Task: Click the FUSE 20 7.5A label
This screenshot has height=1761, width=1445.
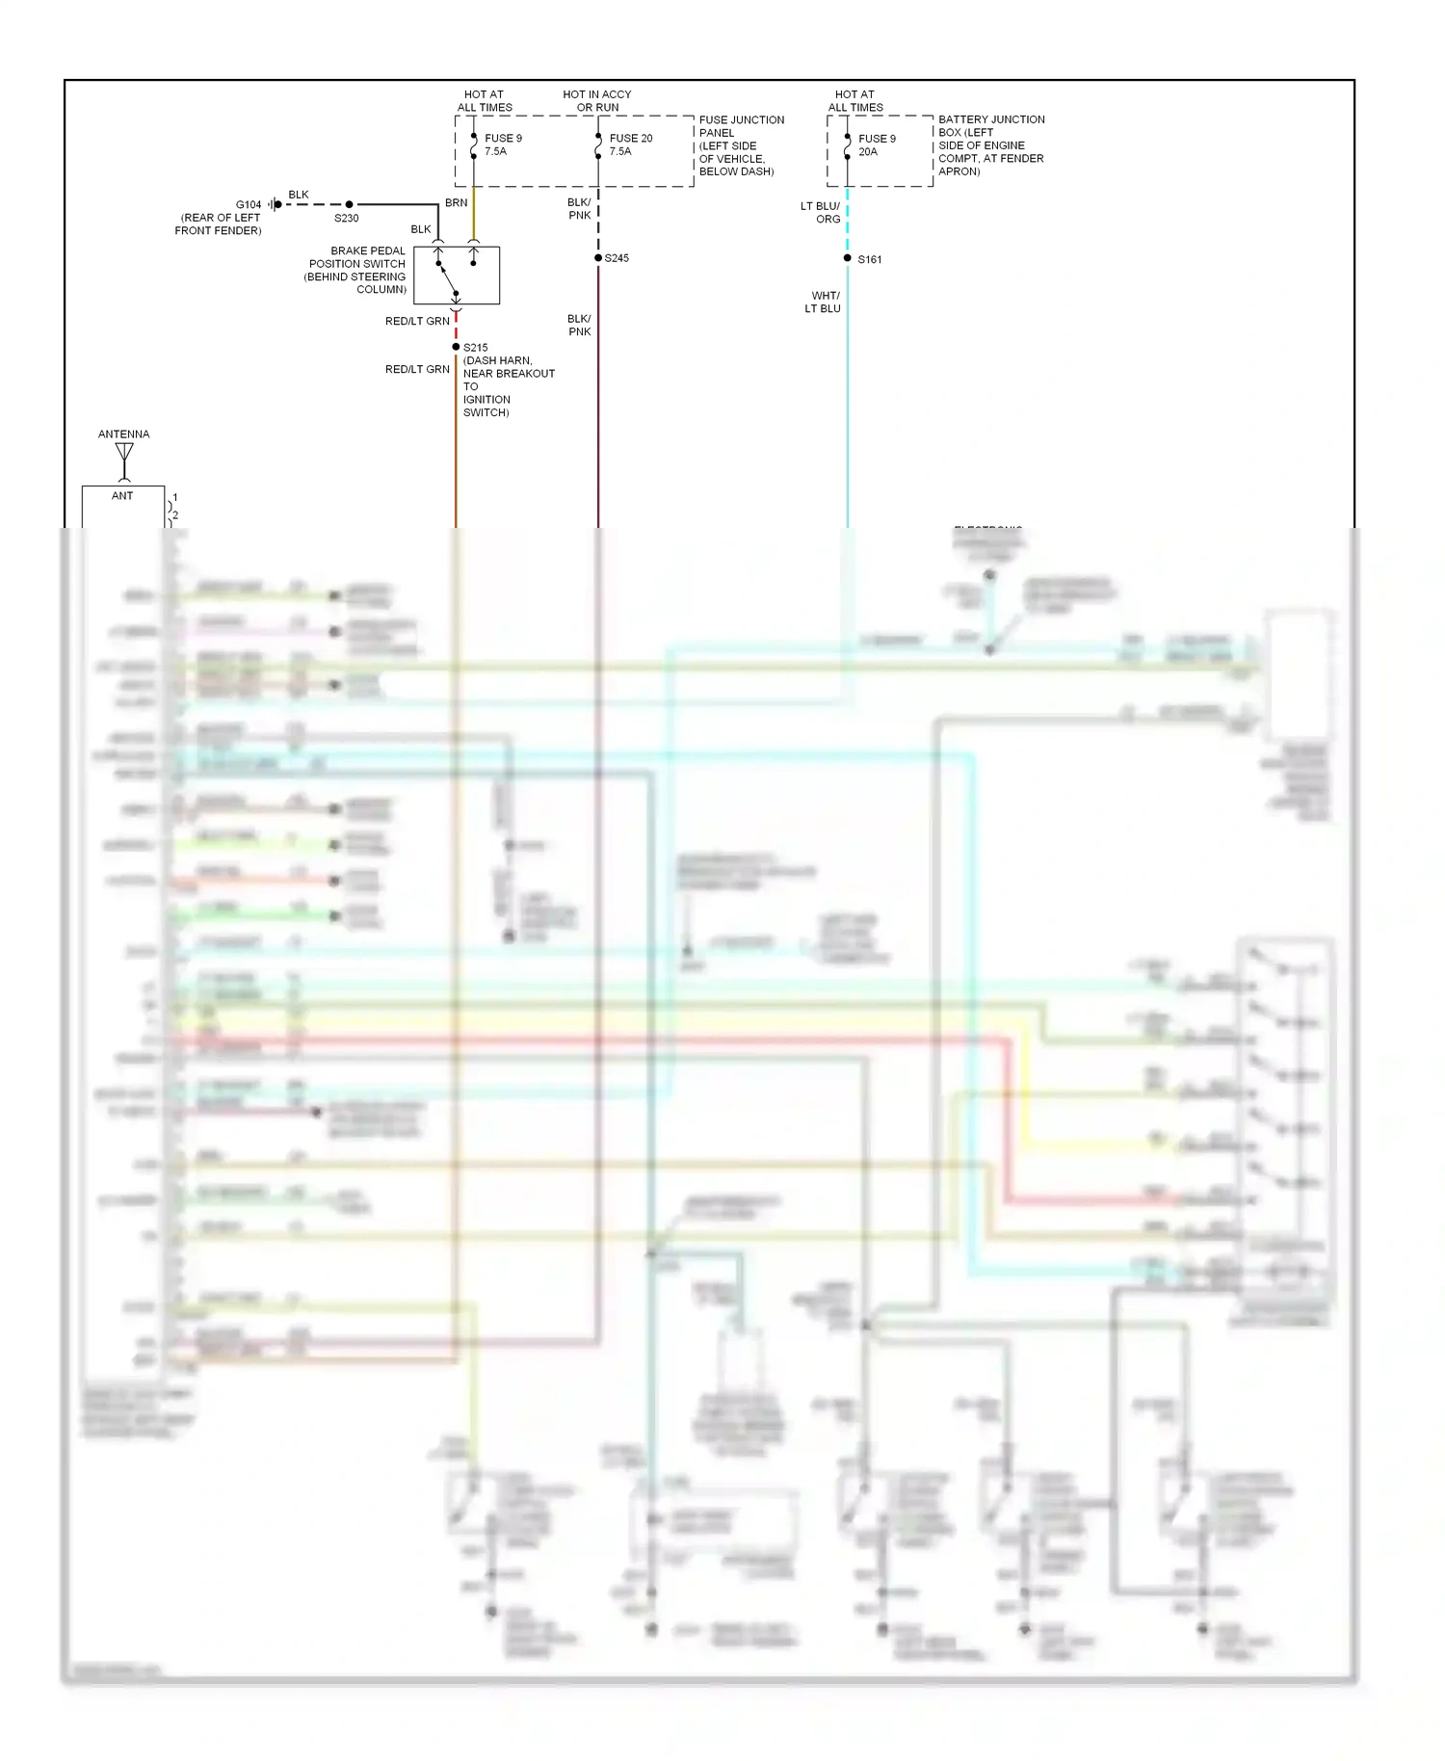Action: point(630,145)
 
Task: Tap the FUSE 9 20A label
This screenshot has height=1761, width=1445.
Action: point(876,145)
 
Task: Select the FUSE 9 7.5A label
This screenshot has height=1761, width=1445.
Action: point(502,145)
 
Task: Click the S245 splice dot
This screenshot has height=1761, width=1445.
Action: point(598,258)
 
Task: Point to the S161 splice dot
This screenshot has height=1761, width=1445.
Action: point(848,258)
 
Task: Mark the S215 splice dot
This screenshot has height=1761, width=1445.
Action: point(456,347)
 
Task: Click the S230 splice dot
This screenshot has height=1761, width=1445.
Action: point(349,204)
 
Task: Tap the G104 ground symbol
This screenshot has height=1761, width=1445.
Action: point(276,204)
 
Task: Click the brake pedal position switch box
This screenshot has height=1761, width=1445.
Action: point(457,276)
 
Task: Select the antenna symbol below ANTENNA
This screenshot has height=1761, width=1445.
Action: point(124,455)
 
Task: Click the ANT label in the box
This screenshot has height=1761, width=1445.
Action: point(122,496)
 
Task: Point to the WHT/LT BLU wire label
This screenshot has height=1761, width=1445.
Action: point(824,302)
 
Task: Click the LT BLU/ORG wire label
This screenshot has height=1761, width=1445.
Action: point(821,213)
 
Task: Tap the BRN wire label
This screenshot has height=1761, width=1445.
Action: point(456,203)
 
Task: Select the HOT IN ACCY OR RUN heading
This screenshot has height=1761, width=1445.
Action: point(597,101)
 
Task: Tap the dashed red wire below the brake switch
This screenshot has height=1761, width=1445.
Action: point(456,328)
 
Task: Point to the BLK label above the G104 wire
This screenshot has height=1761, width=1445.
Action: point(299,195)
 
